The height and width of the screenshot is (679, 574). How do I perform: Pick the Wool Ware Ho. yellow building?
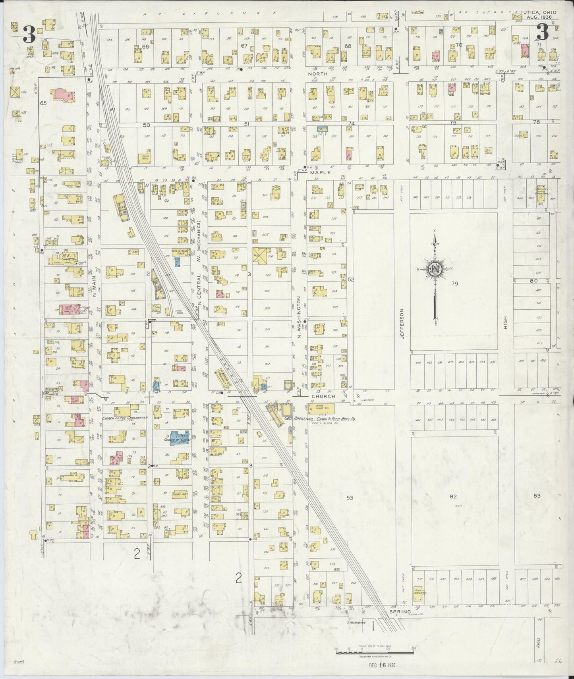click(x=320, y=409)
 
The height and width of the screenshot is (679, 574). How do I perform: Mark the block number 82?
click(x=453, y=496)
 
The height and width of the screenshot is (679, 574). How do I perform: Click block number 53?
click(x=350, y=498)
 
